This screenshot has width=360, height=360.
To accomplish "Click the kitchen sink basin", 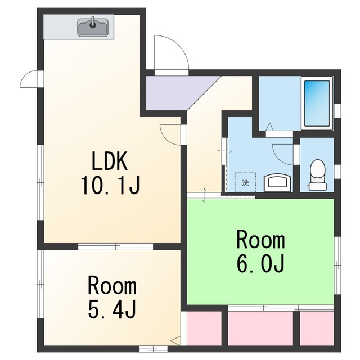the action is (93, 28).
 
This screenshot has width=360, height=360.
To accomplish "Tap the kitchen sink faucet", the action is (93, 22).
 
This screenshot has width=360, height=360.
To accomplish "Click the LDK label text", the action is (110, 161).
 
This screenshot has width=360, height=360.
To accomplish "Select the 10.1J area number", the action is (110, 185).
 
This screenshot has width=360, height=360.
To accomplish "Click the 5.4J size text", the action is (112, 309).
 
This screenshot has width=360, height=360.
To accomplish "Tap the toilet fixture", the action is (317, 175).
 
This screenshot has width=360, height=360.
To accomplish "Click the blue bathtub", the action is (317, 103).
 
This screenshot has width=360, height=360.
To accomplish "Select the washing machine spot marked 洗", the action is (245, 182).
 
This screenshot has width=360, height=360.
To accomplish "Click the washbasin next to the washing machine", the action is (278, 182).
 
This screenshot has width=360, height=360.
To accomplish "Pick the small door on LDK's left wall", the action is (30, 79).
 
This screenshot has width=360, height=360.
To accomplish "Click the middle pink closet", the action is (260, 328).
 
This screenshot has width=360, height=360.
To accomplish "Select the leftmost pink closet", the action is (204, 328).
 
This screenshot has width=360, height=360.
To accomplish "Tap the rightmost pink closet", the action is (317, 328).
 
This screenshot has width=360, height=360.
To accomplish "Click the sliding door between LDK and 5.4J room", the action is (115, 246).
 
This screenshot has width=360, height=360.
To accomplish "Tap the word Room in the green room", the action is (261, 240).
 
